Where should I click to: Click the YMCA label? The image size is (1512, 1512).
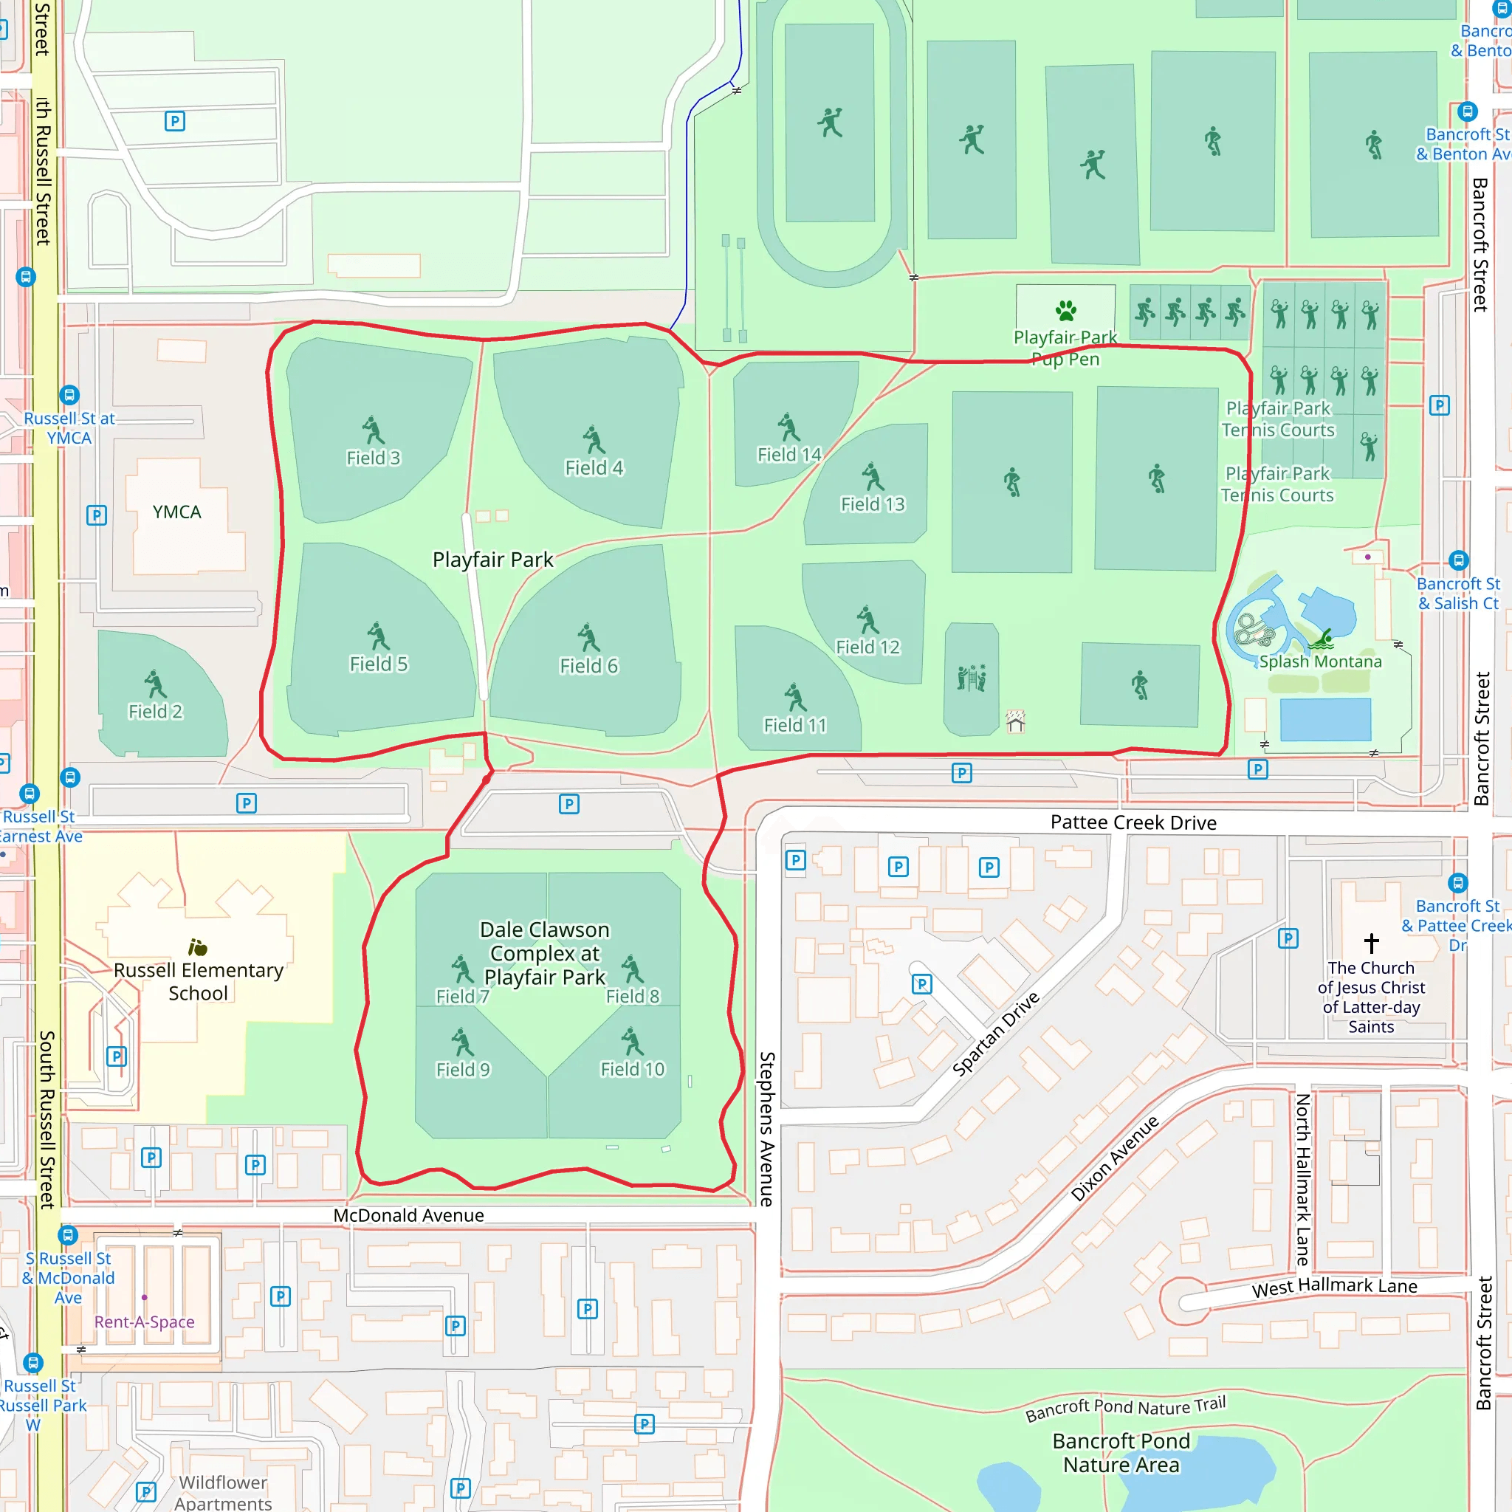pos(177,512)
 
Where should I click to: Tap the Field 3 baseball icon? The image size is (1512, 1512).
pos(374,430)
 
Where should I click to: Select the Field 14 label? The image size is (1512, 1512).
pos(789,455)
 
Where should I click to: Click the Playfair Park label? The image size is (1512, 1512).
pos(493,560)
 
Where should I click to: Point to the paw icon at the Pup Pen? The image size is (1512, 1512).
pos(1065,311)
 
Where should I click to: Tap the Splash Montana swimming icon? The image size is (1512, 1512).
pos(1322,640)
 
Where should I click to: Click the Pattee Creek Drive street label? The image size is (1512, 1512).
pos(1133,822)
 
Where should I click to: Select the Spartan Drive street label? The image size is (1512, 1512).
pos(995,1033)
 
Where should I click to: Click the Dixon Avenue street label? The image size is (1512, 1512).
pos(1114,1158)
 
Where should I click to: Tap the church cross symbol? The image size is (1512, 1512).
pos(1371,942)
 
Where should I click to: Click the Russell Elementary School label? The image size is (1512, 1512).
pos(198,981)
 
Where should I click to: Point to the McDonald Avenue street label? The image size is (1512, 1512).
pos(408,1215)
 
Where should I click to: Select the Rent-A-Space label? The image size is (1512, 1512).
pos(145,1322)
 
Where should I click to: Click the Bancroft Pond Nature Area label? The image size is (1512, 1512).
pos(1121,1452)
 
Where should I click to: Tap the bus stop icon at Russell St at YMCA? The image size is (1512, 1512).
pos(69,395)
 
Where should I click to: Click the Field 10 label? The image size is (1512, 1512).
pos(633,1069)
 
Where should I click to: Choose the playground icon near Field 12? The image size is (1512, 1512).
pos(972,678)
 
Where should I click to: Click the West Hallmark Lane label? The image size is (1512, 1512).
pos(1334,1287)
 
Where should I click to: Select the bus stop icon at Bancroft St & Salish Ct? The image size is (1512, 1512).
pos(1458,560)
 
